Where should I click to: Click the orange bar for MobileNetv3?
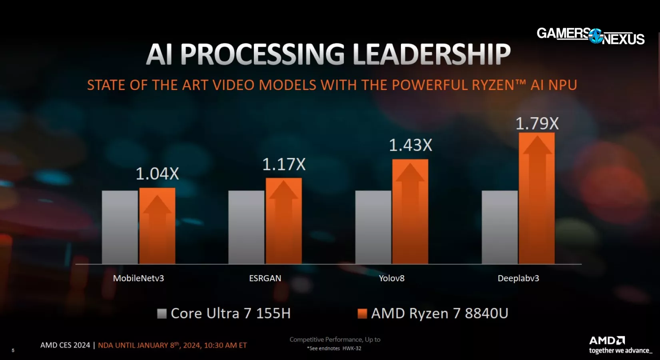(x=157, y=226)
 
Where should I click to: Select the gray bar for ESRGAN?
(x=246, y=227)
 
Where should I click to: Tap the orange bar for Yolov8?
(x=410, y=212)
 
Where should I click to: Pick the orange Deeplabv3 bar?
(x=536, y=198)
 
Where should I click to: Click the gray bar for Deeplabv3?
(x=500, y=227)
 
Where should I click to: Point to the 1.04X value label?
(x=157, y=174)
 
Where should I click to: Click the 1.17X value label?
(x=284, y=164)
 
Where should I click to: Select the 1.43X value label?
(x=411, y=145)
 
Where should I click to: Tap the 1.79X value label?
(x=537, y=124)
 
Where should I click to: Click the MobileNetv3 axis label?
(x=138, y=278)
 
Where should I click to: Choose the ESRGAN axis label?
(x=265, y=278)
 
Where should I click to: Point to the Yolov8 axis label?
(x=392, y=278)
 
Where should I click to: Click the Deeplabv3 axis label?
(x=518, y=278)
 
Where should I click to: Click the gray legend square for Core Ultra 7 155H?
(x=162, y=314)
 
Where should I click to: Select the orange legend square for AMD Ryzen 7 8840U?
(x=362, y=314)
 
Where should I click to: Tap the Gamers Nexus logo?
(x=590, y=36)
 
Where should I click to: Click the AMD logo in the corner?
(x=607, y=341)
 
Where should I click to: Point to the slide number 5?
(x=13, y=350)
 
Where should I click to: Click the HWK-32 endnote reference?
(x=352, y=348)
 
